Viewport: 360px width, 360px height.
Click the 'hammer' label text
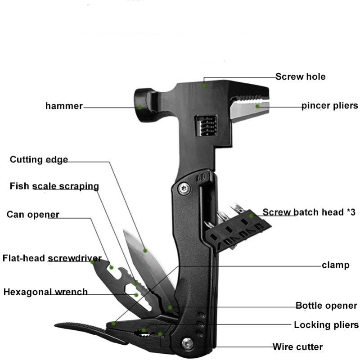64,106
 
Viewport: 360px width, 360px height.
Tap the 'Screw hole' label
300,76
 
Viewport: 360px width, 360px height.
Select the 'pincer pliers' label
330,106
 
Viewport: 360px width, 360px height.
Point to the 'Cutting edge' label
39,159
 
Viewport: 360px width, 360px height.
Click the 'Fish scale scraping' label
54,186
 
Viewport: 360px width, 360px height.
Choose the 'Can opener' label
33,215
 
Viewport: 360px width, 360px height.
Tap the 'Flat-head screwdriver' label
52,258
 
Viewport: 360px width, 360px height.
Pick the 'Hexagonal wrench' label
45,292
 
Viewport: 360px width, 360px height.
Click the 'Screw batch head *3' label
309,212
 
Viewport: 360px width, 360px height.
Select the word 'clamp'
335,265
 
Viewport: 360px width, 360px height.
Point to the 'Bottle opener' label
326,306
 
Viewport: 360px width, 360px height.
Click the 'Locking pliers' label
326,325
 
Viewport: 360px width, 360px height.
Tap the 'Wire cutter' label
297,346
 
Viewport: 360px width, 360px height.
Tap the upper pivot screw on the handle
184,188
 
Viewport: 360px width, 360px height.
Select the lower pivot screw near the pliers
188,344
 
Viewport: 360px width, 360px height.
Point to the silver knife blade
147,260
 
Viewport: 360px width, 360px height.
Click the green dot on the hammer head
139,107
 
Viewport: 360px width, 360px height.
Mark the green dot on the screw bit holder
251,216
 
